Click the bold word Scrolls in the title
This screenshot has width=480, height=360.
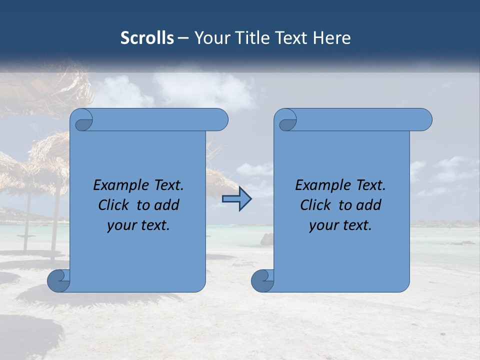[147, 38]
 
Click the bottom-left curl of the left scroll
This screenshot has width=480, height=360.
[58, 280]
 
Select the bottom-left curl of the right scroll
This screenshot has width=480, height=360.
[262, 280]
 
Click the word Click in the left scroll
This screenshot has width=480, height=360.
[113, 205]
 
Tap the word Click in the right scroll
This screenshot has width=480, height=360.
[315, 205]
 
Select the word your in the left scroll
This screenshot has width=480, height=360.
[121, 225]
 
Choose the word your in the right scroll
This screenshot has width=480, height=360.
[323, 225]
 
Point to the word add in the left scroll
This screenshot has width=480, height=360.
[167, 205]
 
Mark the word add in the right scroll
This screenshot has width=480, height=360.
[369, 205]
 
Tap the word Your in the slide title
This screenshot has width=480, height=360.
[210, 38]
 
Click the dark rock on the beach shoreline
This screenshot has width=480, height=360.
[267, 239]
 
